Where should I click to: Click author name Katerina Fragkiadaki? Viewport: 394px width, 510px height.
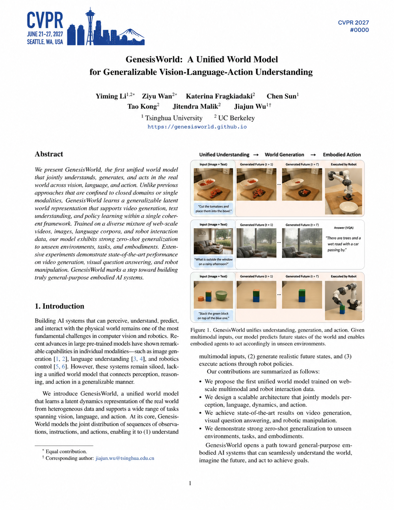pyautogui.click(x=220, y=96)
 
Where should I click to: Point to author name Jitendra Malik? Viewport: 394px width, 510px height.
pyautogui.click(x=196, y=106)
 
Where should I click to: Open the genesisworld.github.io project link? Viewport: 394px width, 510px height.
pyautogui.click(x=197, y=127)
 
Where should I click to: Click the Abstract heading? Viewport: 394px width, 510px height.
pyautogui.click(x=49, y=154)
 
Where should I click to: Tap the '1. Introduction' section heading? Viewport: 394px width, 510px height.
pyautogui.click(x=60, y=306)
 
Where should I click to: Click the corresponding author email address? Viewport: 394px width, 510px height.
pyautogui.click(x=125, y=458)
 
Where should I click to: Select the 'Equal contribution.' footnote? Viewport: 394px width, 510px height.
pyautogui.click(x=66, y=451)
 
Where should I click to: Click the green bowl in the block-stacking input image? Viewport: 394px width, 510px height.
pyautogui.click(x=221, y=295)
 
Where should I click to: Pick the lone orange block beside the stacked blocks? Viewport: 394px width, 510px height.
pyautogui.click(x=200, y=298)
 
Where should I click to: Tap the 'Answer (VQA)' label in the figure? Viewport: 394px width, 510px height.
pyautogui.click(x=343, y=227)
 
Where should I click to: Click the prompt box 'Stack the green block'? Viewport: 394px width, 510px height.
pyautogui.click(x=213, y=316)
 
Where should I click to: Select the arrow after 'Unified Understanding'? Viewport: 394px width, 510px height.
pyautogui.click(x=255, y=155)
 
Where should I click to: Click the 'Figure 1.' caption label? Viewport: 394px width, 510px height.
pyautogui.click(x=200, y=330)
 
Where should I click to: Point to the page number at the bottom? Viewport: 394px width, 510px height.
pyautogui.click(x=190, y=483)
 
